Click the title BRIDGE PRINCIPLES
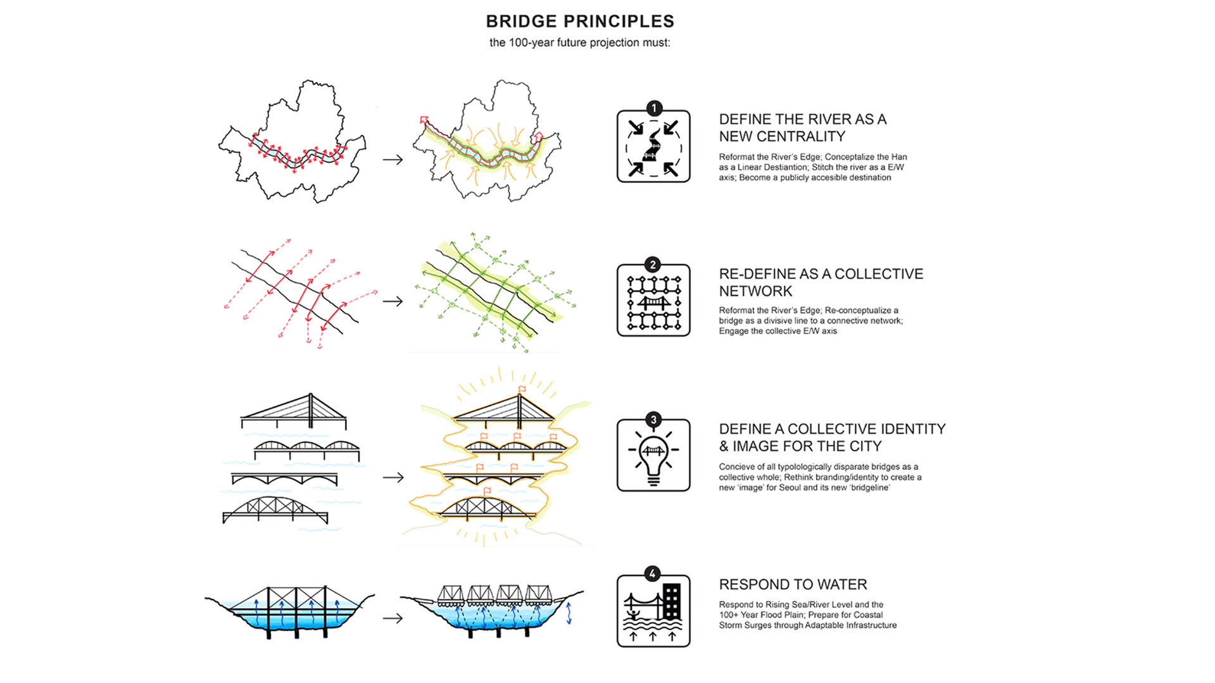click(580, 22)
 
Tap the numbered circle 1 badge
click(653, 109)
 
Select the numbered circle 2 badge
click(653, 265)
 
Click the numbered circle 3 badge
click(653, 420)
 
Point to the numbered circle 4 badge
click(653, 574)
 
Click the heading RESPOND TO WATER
click(793, 584)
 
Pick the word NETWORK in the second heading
click(755, 291)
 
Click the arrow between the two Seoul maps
click(393, 160)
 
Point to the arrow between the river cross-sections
click(393, 618)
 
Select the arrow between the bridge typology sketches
click(393, 477)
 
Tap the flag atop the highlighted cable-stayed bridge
click(522, 389)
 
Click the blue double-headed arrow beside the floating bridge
click(569, 613)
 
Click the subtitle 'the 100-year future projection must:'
click(580, 43)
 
